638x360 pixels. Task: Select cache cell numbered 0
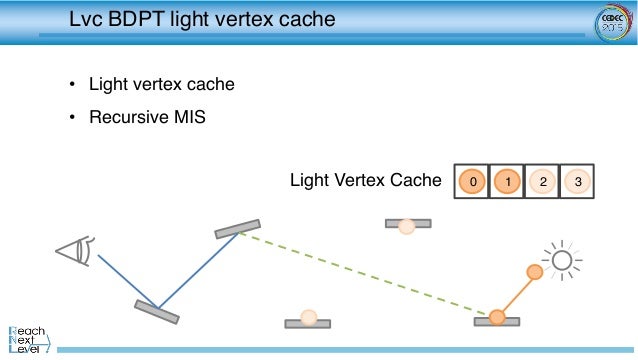tap(472, 181)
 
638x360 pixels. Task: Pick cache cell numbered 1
tap(507, 181)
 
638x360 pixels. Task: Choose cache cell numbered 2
tap(542, 181)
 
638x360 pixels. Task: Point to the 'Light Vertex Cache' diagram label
tap(365, 181)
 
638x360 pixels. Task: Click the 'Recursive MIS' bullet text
tap(146, 118)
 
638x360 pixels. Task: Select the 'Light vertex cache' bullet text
tap(161, 85)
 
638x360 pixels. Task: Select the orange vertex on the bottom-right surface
tap(497, 317)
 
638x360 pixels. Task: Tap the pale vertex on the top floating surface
tap(407, 226)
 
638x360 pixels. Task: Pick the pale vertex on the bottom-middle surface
tap(308, 317)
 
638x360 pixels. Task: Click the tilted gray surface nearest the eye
tap(157, 311)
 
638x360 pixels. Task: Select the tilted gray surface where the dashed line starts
tap(237, 229)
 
